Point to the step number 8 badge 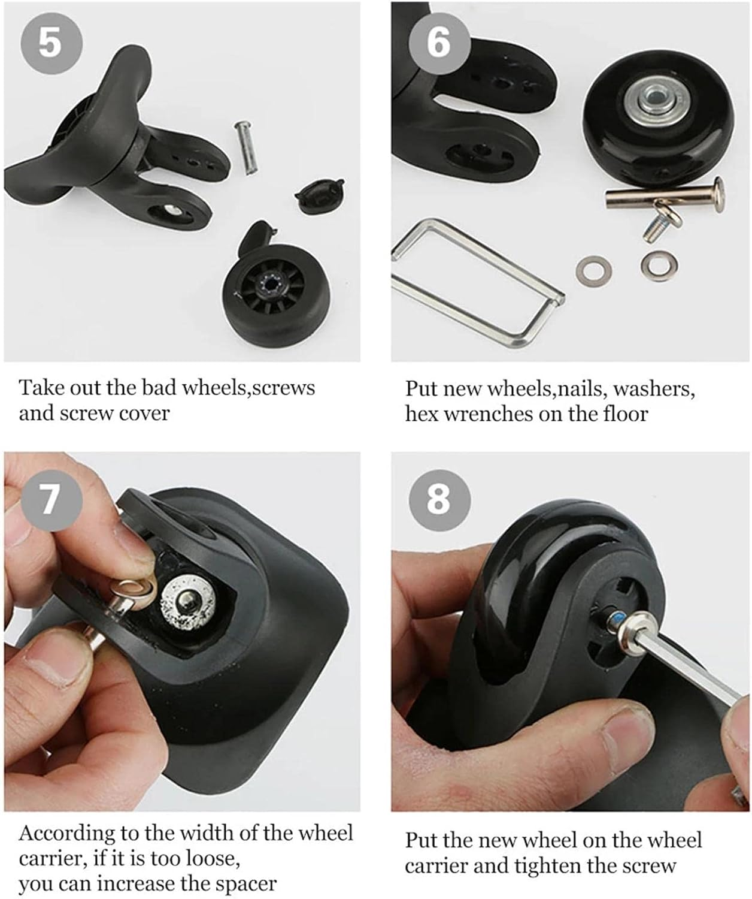pos(438,499)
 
